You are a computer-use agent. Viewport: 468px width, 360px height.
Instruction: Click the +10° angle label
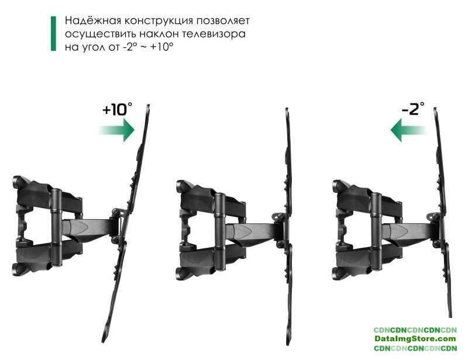[x=117, y=109]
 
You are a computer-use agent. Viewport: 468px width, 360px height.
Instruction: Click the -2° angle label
[x=413, y=108]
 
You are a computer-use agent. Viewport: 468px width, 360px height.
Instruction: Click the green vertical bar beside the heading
[x=53, y=33]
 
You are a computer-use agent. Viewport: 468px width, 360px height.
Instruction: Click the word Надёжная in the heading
[x=92, y=21]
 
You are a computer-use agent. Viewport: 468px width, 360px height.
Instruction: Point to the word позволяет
[x=223, y=21]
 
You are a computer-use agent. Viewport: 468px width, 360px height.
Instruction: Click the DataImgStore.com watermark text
[x=415, y=339]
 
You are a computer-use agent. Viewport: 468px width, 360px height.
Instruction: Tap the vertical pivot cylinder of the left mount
[x=56, y=227]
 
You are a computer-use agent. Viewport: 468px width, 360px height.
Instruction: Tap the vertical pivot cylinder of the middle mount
[x=220, y=232]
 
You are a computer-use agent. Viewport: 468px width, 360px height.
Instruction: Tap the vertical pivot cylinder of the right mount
[x=376, y=232]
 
